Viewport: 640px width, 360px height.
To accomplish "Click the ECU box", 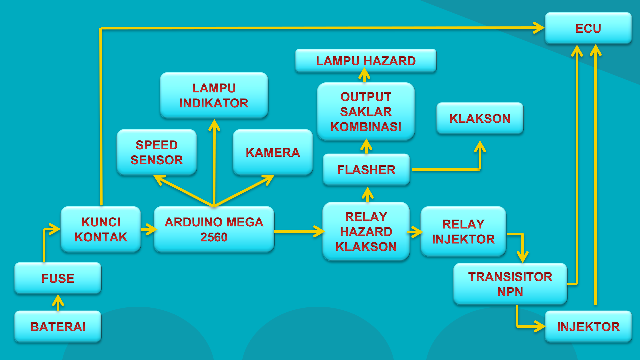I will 588,28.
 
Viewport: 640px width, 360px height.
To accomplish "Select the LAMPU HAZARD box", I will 366,61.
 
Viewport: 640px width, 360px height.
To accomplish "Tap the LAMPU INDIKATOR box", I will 214,95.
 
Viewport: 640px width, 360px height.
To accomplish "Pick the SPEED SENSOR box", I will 157,152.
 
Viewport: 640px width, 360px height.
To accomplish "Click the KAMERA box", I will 273,152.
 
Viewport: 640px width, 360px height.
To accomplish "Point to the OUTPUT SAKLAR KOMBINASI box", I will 366,112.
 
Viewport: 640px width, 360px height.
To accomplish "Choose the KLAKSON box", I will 480,118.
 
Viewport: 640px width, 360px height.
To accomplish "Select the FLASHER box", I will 366,170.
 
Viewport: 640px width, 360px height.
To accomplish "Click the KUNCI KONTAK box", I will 101,229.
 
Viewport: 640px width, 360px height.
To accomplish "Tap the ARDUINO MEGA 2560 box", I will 214,229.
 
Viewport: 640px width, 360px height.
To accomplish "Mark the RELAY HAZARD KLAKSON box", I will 366,231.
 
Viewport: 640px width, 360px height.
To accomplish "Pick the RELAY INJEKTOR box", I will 463,231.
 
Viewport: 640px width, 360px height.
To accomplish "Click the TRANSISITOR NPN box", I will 510,284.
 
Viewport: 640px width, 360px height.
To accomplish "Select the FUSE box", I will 58,278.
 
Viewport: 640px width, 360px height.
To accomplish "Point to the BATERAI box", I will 58,327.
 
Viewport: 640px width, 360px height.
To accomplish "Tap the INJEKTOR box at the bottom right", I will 588,327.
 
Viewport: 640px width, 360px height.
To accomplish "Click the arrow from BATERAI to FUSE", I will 58,303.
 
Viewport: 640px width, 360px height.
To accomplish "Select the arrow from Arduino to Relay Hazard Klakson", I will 298,231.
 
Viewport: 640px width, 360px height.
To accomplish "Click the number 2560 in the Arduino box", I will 214,237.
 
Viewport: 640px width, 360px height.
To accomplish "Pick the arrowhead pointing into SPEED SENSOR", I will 159,179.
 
